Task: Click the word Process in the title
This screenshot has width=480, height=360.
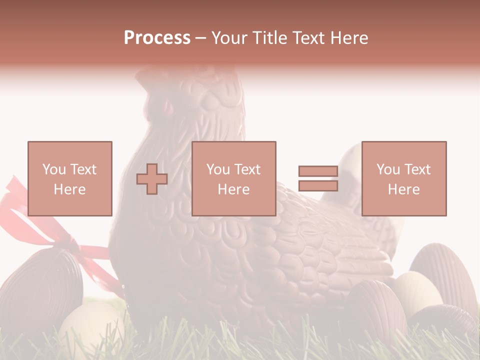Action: pos(157,38)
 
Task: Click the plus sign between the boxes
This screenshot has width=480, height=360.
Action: pos(152,179)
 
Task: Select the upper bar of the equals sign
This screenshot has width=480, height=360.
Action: pos(318,171)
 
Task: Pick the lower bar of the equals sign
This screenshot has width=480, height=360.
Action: pos(318,186)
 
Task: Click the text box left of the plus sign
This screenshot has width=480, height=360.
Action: pos(69,178)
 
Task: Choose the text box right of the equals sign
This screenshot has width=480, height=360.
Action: pos(403,178)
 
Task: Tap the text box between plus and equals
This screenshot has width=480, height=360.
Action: pos(233,178)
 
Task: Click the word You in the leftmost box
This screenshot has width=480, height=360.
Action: pos(53,169)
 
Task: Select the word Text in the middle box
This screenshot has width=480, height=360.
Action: pos(247,169)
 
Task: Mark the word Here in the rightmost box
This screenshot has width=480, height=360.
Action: pos(403,189)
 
